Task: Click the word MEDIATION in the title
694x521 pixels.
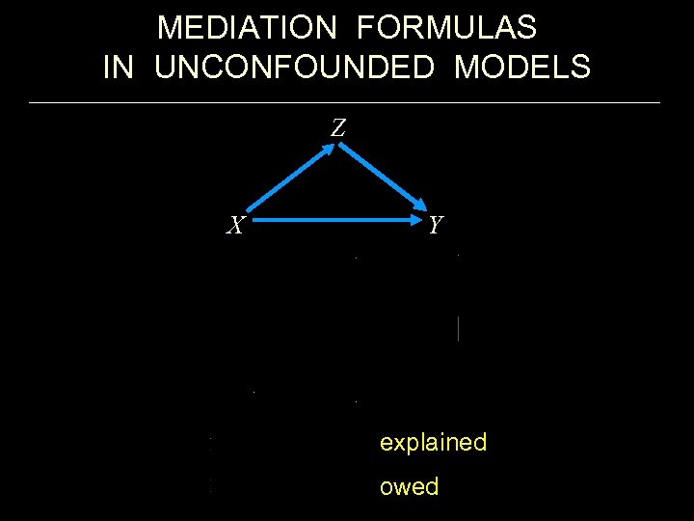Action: click(247, 28)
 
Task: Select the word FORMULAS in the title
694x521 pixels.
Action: click(446, 28)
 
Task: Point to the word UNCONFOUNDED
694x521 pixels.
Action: click(299, 68)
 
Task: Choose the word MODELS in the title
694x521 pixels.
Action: click(522, 68)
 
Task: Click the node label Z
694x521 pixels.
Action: click(338, 127)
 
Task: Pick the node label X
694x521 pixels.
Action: click(234, 226)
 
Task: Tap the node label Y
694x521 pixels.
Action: click(436, 226)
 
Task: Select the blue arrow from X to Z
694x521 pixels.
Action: click(289, 178)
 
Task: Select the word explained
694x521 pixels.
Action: click(433, 443)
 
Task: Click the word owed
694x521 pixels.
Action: click(409, 486)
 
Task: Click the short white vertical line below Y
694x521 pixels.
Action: click(458, 328)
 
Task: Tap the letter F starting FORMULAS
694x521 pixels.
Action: click(365, 28)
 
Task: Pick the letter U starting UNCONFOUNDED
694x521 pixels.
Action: click(165, 68)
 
